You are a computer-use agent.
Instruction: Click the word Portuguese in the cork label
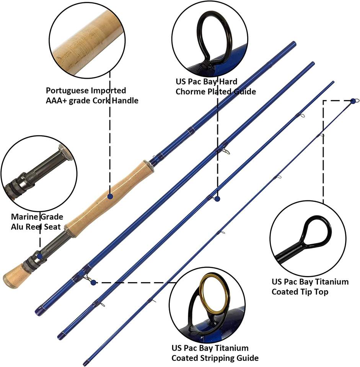coord(66,91)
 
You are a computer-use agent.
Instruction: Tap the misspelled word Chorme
coord(189,92)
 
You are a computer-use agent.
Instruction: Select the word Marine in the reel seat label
coord(24,217)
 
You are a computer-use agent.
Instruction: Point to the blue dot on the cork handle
coord(110,196)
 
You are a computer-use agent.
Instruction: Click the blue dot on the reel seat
coord(40,255)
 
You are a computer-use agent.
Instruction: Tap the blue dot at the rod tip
coord(353,101)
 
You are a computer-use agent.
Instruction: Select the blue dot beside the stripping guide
coord(93,283)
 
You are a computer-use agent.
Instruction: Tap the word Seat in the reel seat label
coord(52,227)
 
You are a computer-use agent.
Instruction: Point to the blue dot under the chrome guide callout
coord(217,199)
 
